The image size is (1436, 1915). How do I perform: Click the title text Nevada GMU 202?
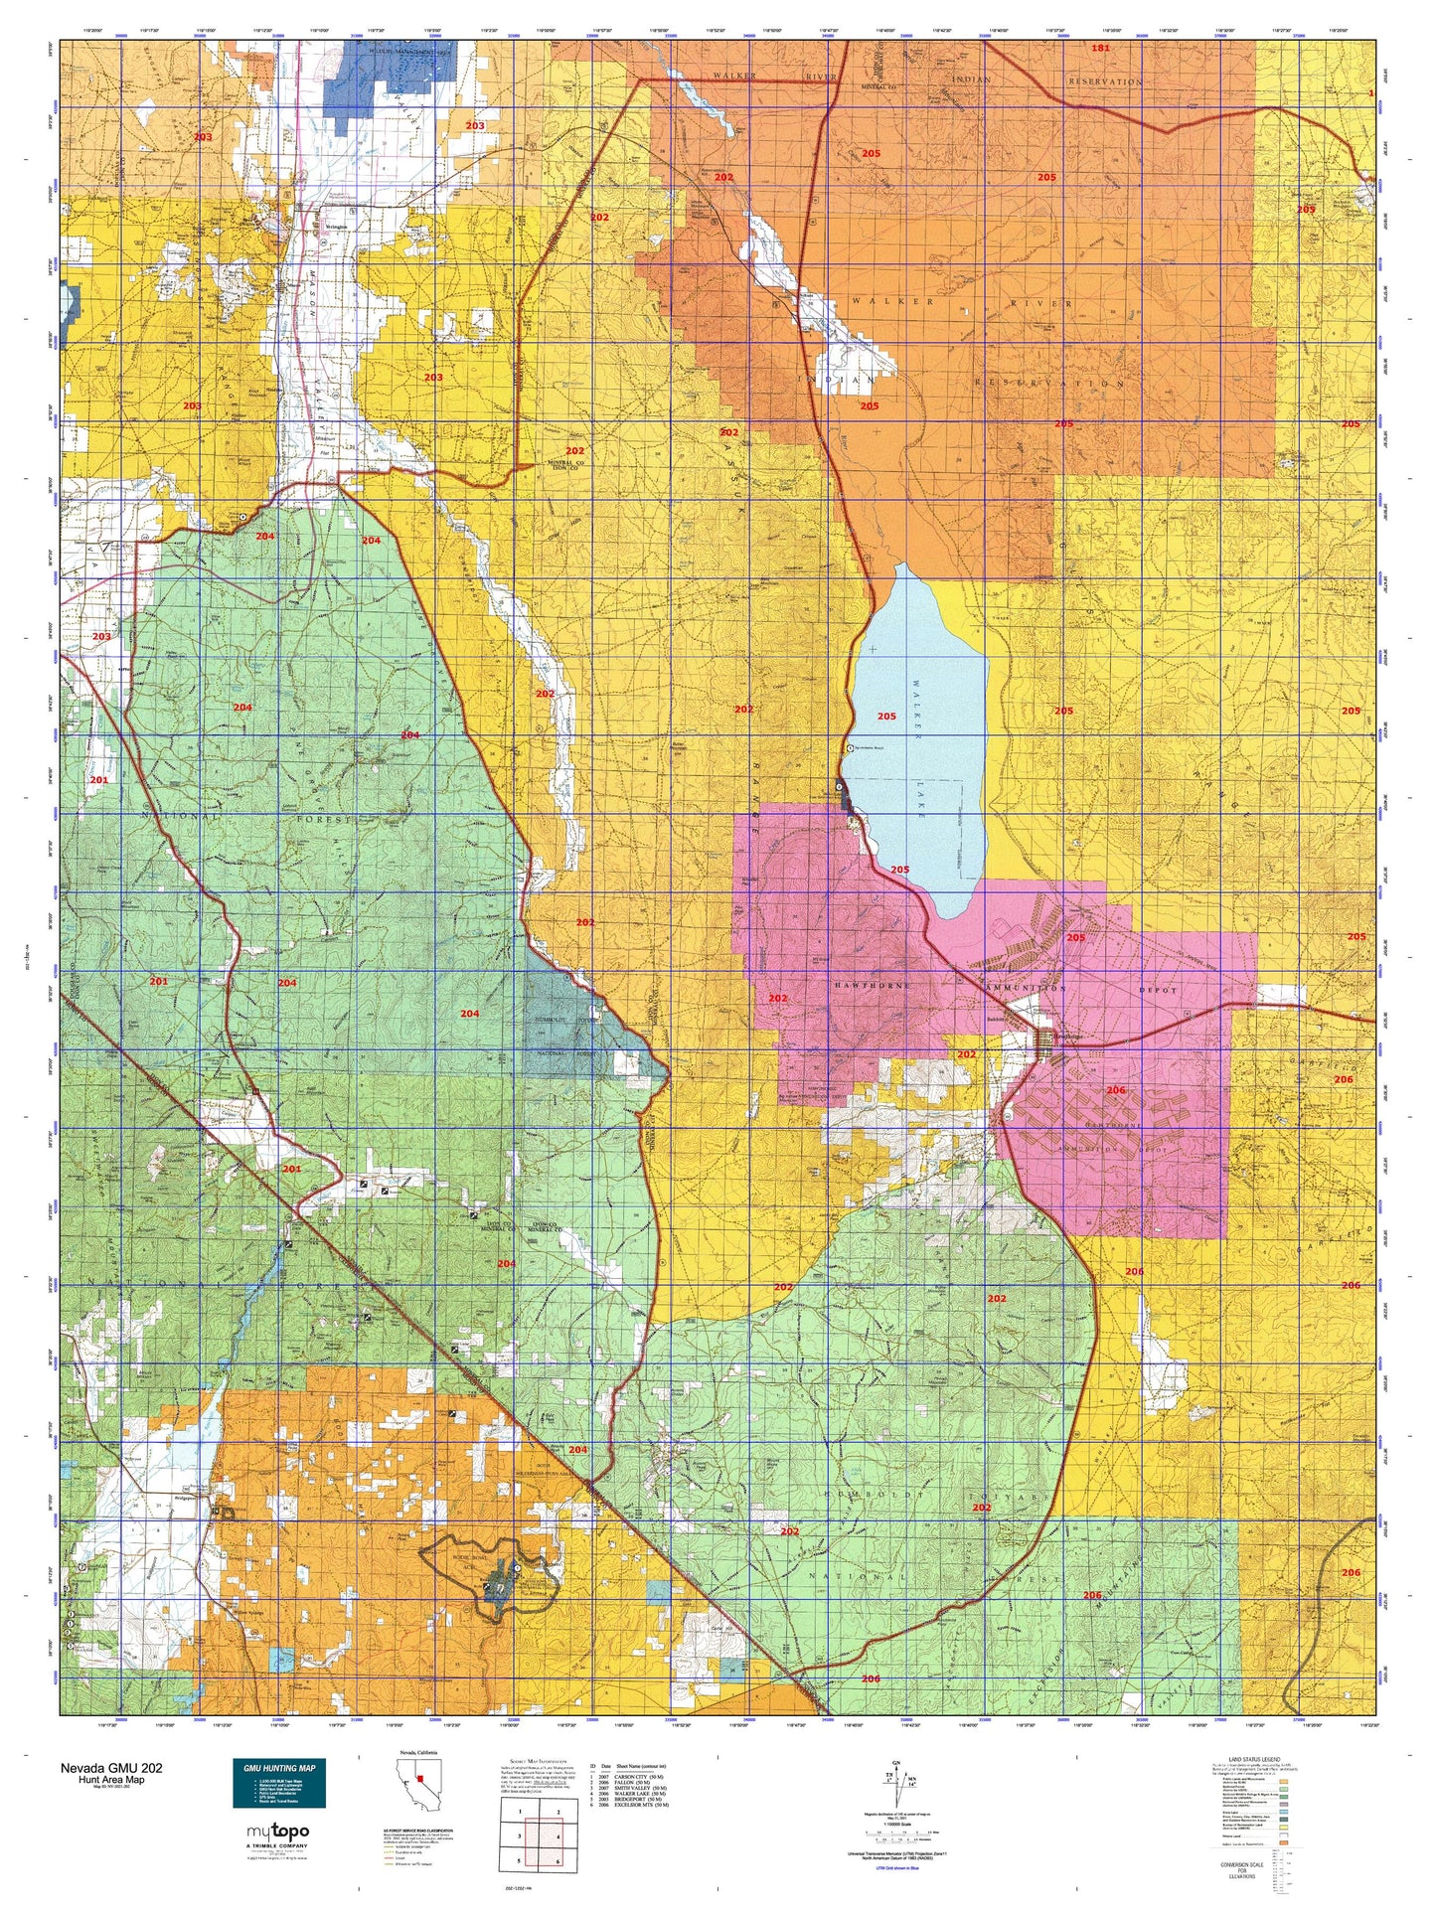pos(110,1767)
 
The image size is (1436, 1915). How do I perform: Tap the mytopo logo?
pos(277,1831)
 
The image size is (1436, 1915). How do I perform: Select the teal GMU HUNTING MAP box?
pos(279,1783)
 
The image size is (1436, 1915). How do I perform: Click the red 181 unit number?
pos(1100,48)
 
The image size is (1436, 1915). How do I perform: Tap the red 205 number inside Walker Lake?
pos(886,716)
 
